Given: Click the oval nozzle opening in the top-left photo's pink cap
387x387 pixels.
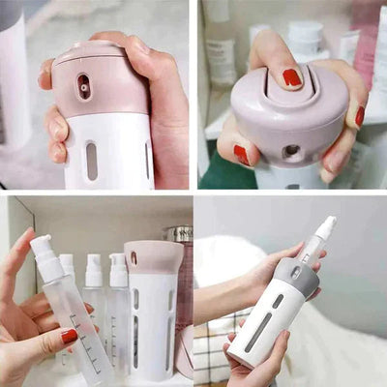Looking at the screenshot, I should pyautogui.click(x=83, y=86).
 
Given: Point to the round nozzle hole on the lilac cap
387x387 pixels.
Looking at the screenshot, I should pyautogui.click(x=290, y=151).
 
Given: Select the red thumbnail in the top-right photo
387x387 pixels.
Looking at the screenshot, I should pyautogui.click(x=241, y=155).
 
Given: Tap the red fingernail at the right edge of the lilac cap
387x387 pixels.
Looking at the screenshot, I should pyautogui.click(x=359, y=115).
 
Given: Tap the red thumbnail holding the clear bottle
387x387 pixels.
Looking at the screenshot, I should pyautogui.click(x=69, y=336).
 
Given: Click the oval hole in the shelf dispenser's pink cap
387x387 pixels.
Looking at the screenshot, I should pyautogui.click(x=134, y=257).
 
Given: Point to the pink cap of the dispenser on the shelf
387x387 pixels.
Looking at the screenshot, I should pyautogui.click(x=153, y=255).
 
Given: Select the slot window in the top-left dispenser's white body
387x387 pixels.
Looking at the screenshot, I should pyautogui.click(x=91, y=161).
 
